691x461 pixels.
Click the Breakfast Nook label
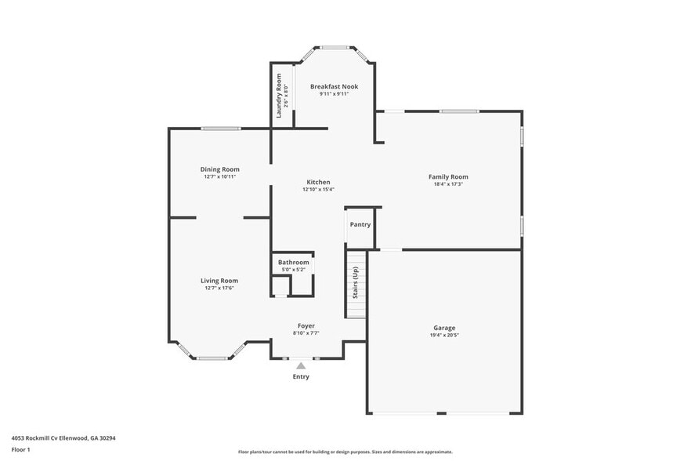point(334,86)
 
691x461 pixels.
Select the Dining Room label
point(219,169)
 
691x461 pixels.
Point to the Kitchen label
point(318,182)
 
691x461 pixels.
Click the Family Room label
point(448,177)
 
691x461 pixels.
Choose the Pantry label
point(360,224)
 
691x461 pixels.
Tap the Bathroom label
point(294,262)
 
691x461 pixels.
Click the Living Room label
point(219,281)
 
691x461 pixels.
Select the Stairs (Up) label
point(356,283)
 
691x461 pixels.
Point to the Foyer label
point(306,325)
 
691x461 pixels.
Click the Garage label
point(444,328)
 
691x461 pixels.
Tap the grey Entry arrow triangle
point(301,365)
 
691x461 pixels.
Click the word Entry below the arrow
point(301,377)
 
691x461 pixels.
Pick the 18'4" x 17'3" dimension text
point(448,184)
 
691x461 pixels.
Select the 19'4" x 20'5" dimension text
point(444,335)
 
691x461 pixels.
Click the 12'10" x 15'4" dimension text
point(318,189)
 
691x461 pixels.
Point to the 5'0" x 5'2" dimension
point(294,270)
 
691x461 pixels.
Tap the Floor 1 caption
point(20,449)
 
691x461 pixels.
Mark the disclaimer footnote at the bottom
point(345,452)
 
